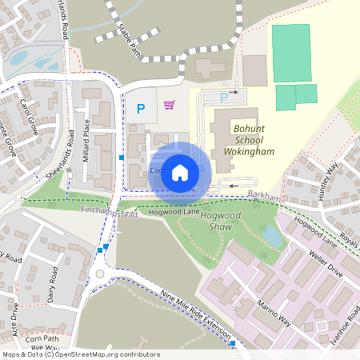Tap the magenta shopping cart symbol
169,105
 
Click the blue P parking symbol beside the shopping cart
142,109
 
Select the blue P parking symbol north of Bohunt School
223,98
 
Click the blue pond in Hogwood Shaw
273,236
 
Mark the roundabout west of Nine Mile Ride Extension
100,274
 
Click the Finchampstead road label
109,214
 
